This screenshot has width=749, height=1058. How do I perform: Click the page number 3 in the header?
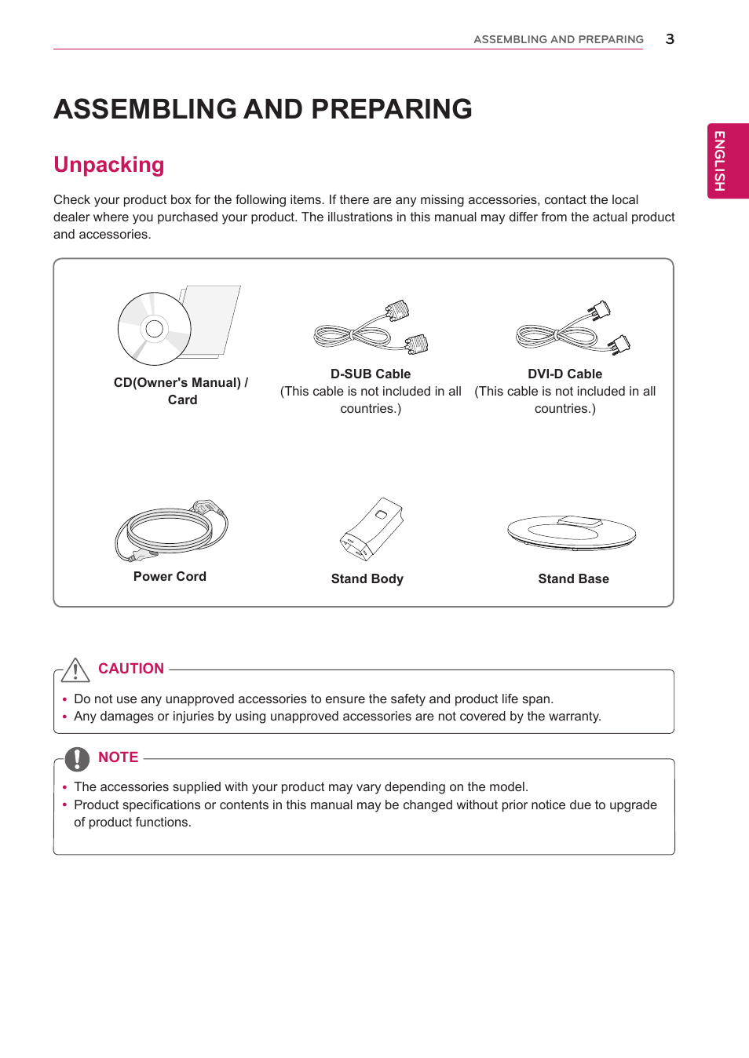[x=670, y=39]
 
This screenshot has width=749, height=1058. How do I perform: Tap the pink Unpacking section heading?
[x=109, y=165]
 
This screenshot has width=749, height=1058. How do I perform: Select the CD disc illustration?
[x=155, y=329]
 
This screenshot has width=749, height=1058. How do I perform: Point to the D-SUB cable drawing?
[x=371, y=329]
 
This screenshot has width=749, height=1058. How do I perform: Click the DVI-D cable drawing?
[x=572, y=329]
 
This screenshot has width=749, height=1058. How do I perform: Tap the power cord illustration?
[x=171, y=530]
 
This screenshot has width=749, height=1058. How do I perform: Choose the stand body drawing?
[x=371, y=529]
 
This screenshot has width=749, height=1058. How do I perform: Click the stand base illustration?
[x=572, y=533]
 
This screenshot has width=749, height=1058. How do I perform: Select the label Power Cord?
[x=170, y=577]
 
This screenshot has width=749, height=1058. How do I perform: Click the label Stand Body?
[x=367, y=579]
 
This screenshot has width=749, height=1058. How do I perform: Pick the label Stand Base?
[x=573, y=579]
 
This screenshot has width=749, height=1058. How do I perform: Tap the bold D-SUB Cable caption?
[x=371, y=374]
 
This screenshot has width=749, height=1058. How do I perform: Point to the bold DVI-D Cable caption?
[x=564, y=374]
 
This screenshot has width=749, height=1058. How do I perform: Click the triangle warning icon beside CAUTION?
[x=75, y=670]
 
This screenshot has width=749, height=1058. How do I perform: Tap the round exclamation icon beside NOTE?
[x=77, y=759]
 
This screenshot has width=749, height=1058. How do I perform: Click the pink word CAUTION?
[x=131, y=669]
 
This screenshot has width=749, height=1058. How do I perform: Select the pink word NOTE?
[x=119, y=757]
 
